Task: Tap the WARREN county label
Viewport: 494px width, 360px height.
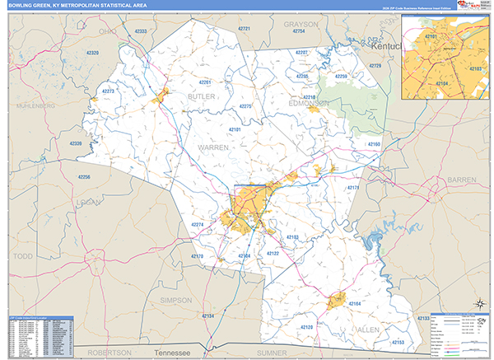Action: (212, 146)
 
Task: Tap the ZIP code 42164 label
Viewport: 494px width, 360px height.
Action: (355, 304)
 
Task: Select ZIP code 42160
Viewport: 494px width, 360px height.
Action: (374, 144)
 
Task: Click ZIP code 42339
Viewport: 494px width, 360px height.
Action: (76, 144)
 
